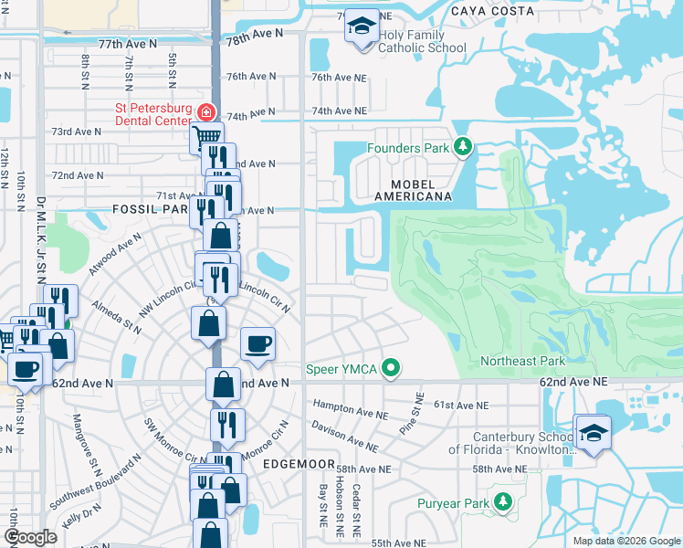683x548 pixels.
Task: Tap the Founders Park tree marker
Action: [x=463, y=147]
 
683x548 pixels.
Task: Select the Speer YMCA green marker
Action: [x=391, y=368]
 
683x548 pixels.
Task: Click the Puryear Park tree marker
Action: [x=502, y=502]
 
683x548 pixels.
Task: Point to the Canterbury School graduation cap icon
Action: [x=594, y=433]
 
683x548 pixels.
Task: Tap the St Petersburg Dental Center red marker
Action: [x=207, y=112]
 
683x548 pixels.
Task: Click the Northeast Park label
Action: [x=520, y=362]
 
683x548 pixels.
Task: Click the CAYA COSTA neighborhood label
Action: [x=492, y=11]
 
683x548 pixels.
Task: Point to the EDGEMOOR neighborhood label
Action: [x=294, y=464]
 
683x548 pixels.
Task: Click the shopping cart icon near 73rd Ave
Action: [x=206, y=138]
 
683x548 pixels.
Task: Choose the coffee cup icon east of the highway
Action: [x=258, y=343]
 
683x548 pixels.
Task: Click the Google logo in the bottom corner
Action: [x=29, y=537]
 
